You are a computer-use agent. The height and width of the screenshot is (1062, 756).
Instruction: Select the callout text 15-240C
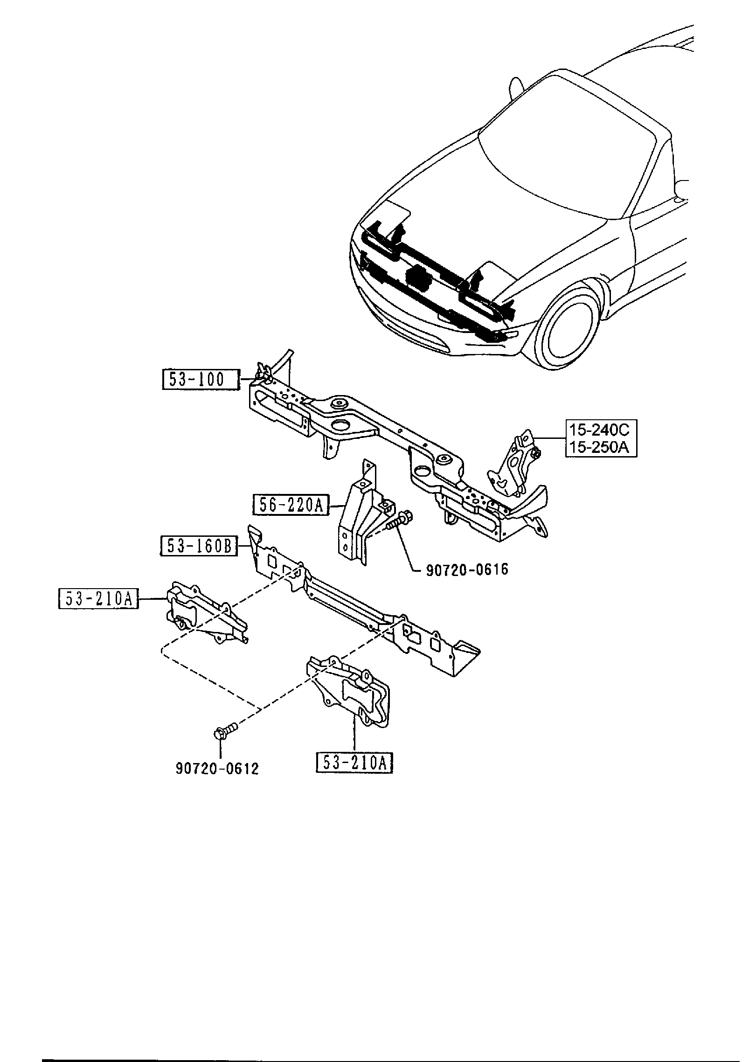tap(601, 429)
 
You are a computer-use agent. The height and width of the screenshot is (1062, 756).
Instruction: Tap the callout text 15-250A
tap(601, 447)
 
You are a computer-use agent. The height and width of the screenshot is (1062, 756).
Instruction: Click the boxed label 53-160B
tap(199, 546)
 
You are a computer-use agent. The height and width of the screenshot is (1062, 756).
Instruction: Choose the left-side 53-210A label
tap(98, 598)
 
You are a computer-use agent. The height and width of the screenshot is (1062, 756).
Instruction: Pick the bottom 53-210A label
tap(354, 764)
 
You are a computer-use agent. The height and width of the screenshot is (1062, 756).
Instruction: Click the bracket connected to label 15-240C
tap(513, 466)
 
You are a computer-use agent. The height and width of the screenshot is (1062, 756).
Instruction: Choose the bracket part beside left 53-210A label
tap(203, 613)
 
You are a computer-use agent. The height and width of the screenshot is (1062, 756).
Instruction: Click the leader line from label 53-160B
tap(243, 546)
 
